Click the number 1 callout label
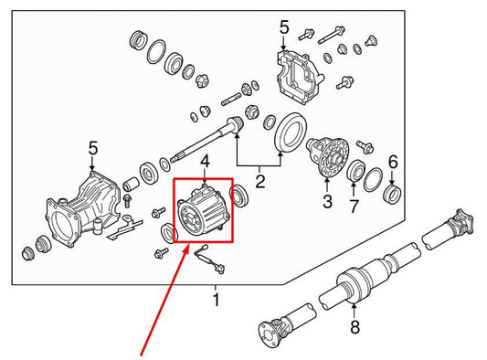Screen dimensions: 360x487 pos(216,300)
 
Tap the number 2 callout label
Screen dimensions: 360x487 pos(260,183)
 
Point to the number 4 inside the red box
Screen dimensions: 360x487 pos(205,163)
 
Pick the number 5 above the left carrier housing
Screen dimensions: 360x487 pos(92,147)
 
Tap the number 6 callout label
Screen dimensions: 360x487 pos(393,162)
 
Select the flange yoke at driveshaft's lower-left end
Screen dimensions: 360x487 pos(272,331)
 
